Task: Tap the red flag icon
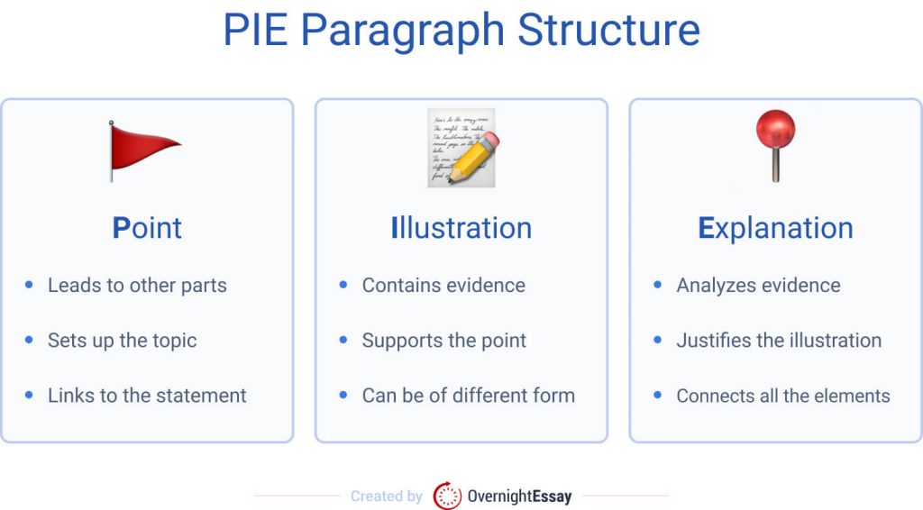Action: click(142, 150)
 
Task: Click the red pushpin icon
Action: click(775, 144)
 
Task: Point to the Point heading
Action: click(147, 228)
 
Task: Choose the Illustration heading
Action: click(461, 228)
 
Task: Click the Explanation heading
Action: click(775, 228)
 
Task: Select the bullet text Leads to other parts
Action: click(137, 286)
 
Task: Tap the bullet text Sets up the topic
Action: click(122, 341)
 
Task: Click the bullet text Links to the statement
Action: click(147, 396)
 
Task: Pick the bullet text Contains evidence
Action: click(443, 286)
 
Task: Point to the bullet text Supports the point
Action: click(444, 341)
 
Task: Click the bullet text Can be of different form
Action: click(468, 396)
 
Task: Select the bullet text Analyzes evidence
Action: click(758, 286)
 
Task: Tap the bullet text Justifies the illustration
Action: click(779, 341)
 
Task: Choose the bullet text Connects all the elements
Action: click(783, 396)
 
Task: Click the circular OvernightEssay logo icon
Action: click(447, 496)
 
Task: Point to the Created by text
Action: click(387, 496)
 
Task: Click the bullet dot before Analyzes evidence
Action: click(658, 286)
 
